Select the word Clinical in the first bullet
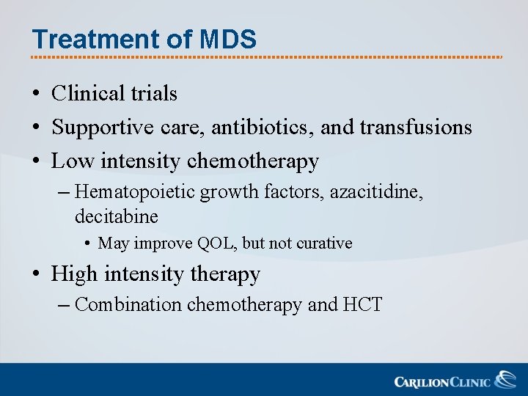click(x=89, y=93)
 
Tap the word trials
click(x=154, y=93)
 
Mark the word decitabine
click(x=116, y=216)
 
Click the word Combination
click(x=128, y=304)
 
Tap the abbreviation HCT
click(x=362, y=304)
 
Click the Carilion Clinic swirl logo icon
click(x=505, y=380)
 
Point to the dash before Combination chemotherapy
click(x=62, y=304)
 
